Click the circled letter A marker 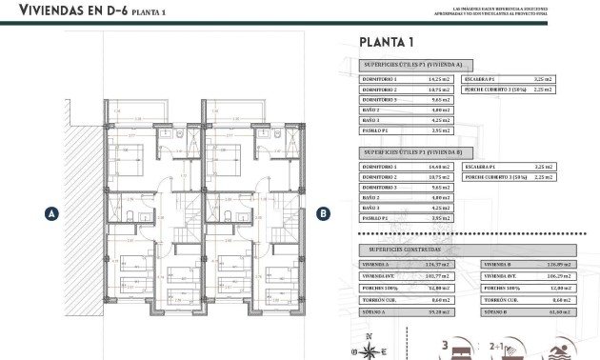50,213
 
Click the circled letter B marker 323,213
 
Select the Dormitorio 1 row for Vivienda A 405,79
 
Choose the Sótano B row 530,310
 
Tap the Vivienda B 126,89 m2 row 530,265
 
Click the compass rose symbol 368,348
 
